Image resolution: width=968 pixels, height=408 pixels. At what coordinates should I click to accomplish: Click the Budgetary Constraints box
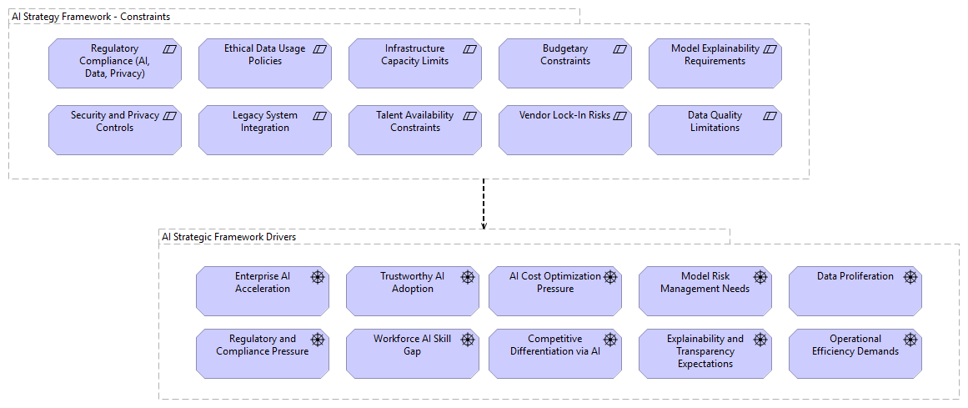pos(564,63)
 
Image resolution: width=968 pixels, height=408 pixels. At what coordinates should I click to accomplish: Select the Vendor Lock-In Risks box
pos(564,130)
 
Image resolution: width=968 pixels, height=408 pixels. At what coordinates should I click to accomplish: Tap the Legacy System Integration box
pos(264,130)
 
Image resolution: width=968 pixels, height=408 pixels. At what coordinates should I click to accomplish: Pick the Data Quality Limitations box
pos(715,130)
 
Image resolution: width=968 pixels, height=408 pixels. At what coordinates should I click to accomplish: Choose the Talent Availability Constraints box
pos(414,130)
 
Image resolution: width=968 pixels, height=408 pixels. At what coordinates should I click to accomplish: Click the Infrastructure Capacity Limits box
pos(414,63)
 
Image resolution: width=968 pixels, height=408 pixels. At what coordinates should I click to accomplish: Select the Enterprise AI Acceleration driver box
pos(262,291)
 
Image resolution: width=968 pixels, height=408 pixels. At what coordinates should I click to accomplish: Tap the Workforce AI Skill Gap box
pos(412,354)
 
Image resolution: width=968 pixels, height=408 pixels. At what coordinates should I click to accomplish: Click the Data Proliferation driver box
pos(855,291)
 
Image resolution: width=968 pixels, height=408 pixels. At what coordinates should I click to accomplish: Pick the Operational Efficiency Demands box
pos(855,354)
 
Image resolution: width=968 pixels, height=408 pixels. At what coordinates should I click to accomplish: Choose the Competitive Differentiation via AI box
pos(554,354)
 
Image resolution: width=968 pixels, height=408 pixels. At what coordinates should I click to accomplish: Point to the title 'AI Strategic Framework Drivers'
pos(228,237)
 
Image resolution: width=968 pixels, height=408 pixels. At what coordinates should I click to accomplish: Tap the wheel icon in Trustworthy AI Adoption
pos(468,277)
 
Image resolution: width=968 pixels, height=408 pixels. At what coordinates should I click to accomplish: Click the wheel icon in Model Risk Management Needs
pos(760,277)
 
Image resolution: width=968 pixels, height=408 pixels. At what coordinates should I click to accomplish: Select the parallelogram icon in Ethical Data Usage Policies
pos(319,49)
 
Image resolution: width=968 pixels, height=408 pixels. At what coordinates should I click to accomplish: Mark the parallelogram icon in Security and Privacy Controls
pos(170,116)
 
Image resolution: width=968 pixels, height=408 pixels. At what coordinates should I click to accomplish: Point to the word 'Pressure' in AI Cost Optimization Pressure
pos(555,289)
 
